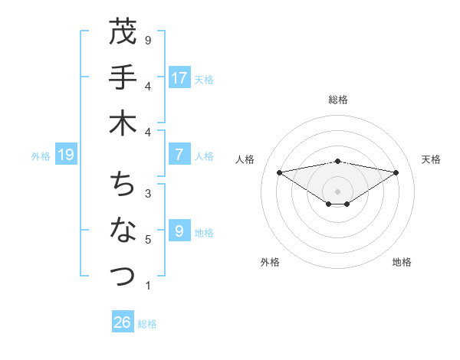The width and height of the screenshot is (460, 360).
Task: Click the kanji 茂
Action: pyautogui.click(x=123, y=32)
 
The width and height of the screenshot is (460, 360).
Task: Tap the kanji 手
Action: pyautogui.click(x=123, y=78)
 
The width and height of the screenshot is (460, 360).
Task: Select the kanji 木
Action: pyautogui.click(x=123, y=124)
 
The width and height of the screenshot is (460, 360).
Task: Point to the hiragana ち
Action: pyautogui.click(x=123, y=184)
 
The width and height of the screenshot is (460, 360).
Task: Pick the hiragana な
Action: pyautogui.click(x=123, y=230)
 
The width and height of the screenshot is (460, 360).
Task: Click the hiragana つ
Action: pyautogui.click(x=123, y=274)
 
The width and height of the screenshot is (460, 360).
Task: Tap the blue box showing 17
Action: pyautogui.click(x=179, y=77)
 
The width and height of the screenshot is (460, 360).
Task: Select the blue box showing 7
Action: pyautogui.click(x=179, y=155)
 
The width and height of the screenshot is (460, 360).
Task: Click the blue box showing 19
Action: pyautogui.click(x=66, y=155)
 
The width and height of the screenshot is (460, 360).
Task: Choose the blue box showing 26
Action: pyautogui.click(x=123, y=322)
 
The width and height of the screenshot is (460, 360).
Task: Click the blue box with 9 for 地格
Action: pyautogui.click(x=179, y=231)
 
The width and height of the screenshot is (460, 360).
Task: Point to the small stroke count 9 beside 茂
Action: pyautogui.click(x=148, y=39)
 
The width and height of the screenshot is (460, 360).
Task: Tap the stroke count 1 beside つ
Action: pyautogui.click(x=148, y=286)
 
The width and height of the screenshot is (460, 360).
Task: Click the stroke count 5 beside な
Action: pyautogui.click(x=148, y=240)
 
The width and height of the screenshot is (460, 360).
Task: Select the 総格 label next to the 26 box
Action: pyautogui.click(x=147, y=324)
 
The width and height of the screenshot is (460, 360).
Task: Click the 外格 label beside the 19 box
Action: pyautogui.click(x=41, y=156)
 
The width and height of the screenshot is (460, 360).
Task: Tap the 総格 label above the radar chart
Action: pyautogui.click(x=338, y=100)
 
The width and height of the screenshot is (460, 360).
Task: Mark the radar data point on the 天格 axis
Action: pyautogui.click(x=396, y=172)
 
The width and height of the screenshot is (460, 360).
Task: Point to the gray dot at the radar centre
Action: pyautogui.click(x=338, y=191)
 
